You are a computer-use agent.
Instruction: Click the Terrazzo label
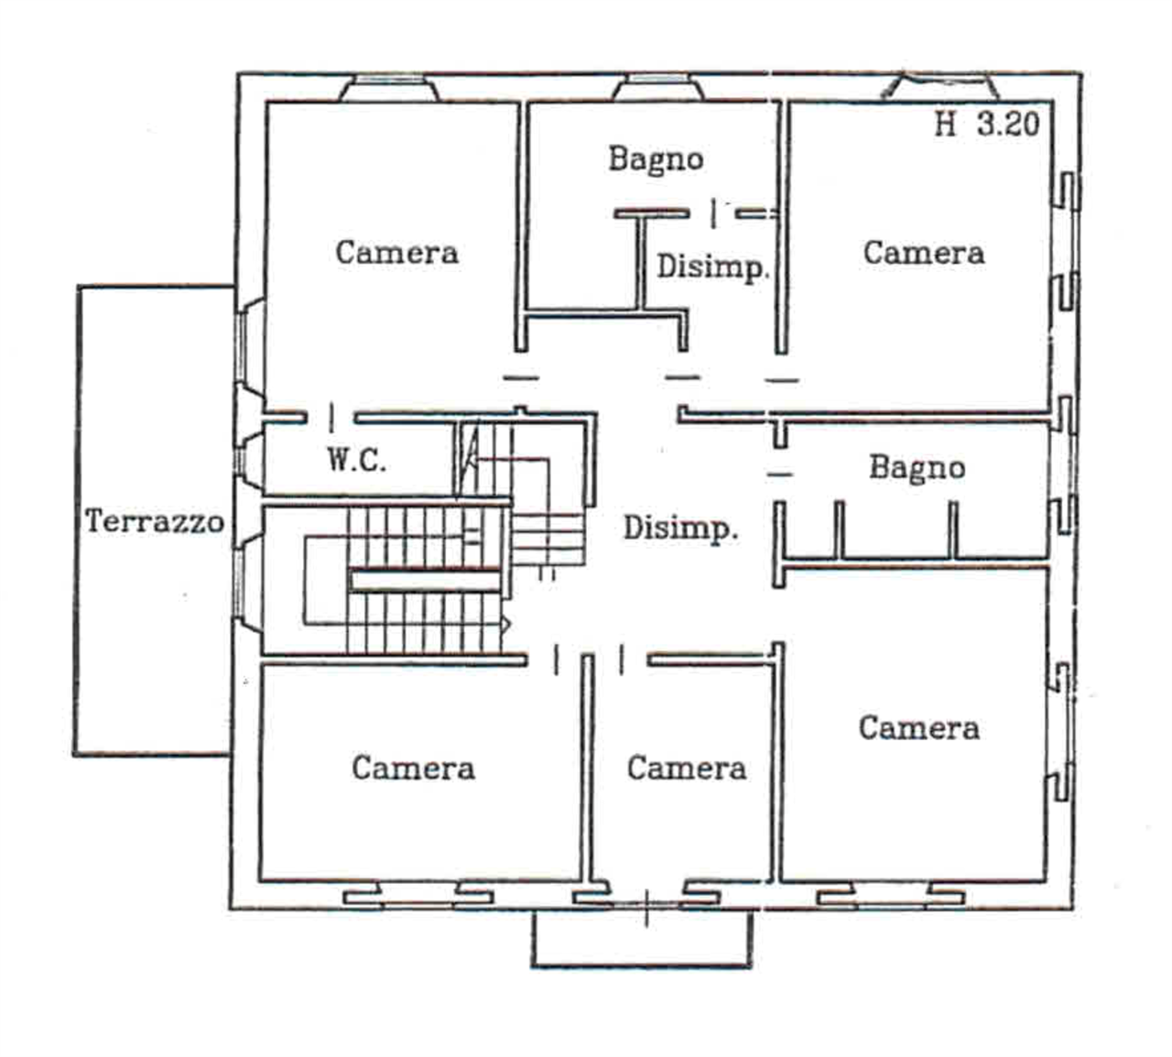pyautogui.click(x=155, y=521)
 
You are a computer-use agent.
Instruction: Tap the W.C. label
pyautogui.click(x=356, y=460)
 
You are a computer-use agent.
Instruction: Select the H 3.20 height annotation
pyautogui.click(x=987, y=125)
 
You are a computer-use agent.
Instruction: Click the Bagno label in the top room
pyautogui.click(x=656, y=159)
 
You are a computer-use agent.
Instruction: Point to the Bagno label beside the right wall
pyautogui.click(x=917, y=468)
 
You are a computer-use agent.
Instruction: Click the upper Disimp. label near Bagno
pyautogui.click(x=712, y=267)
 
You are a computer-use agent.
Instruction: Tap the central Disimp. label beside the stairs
pyautogui.click(x=681, y=529)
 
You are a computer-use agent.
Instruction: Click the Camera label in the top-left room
pyautogui.click(x=396, y=253)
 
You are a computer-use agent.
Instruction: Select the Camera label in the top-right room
pyautogui.click(x=924, y=253)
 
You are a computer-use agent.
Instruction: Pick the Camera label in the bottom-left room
pyautogui.click(x=414, y=768)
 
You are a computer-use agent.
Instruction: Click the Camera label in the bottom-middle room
pyautogui.click(x=687, y=768)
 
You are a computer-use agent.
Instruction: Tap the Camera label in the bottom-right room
pyautogui.click(x=919, y=728)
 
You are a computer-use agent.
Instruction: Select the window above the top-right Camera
pyautogui.click(x=939, y=86)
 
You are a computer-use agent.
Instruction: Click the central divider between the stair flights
pyautogui.click(x=426, y=581)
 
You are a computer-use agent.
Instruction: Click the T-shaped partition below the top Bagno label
pyautogui.click(x=649, y=257)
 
